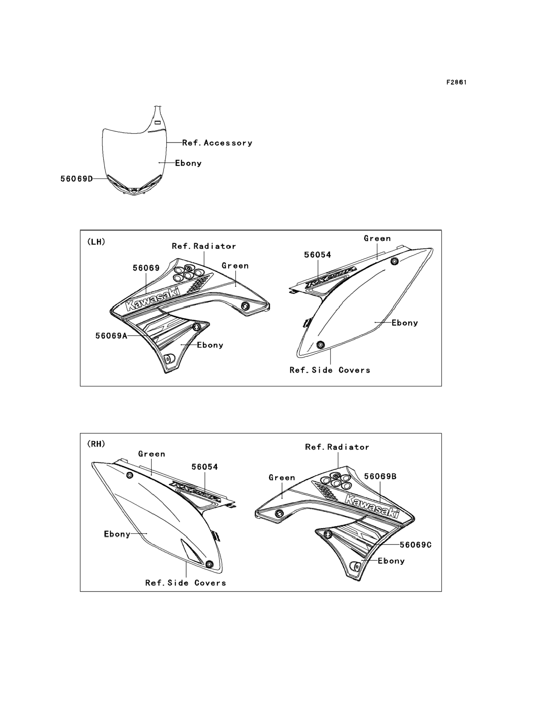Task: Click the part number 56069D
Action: (x=77, y=179)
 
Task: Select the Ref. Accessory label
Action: (x=217, y=143)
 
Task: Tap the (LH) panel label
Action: (x=96, y=242)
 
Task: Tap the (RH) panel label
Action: (x=96, y=444)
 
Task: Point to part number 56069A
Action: (x=111, y=336)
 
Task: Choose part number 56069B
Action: (x=380, y=477)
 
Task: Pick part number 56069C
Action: (x=416, y=545)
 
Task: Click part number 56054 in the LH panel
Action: (x=317, y=255)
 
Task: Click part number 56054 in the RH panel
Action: (x=205, y=467)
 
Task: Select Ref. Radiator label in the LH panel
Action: (x=204, y=246)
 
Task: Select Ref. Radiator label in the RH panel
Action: (x=337, y=447)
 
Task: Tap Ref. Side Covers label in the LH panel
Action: (x=330, y=370)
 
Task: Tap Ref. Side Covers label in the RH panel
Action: (x=186, y=583)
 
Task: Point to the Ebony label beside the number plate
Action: (x=188, y=163)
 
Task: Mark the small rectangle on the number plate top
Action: (x=157, y=122)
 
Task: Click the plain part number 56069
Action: (x=146, y=268)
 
